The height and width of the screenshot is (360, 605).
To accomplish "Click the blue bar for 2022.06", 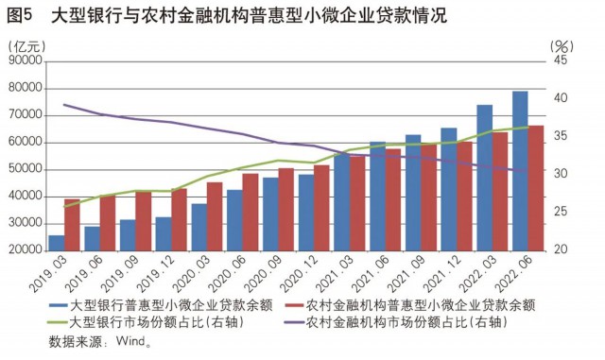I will tap(520, 170).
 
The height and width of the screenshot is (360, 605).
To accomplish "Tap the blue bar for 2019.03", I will tap(57, 243).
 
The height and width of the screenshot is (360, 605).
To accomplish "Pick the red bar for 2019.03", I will tap(72, 225).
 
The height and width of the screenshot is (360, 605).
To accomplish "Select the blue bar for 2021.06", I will tap(377, 196).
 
